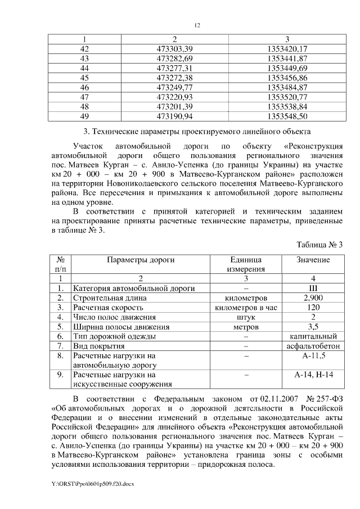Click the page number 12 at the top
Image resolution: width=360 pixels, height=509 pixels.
click(197, 25)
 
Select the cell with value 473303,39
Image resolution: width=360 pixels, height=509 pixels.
click(174, 49)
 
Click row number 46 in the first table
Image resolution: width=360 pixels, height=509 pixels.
click(85, 87)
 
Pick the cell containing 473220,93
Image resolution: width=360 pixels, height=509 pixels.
click(174, 97)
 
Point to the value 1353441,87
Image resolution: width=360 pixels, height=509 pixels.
click(287, 58)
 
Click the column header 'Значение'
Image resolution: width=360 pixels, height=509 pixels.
click(313, 260)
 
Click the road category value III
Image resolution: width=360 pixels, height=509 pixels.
click(313, 288)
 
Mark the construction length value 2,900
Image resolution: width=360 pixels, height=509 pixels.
click(313, 298)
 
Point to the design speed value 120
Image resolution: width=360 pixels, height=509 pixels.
click(313, 307)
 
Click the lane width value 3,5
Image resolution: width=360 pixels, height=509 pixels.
click(313, 326)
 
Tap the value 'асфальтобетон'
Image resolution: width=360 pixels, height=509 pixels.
click(313, 345)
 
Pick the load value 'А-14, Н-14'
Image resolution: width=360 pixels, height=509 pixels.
click(313, 374)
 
